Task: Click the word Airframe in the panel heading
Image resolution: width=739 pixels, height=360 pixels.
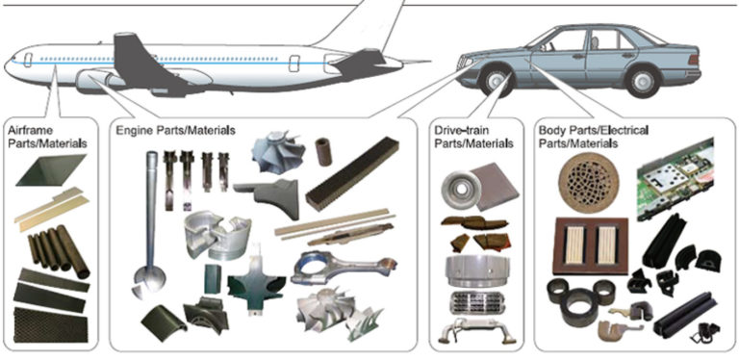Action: (x=31, y=131)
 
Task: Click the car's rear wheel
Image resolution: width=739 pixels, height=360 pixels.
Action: (x=643, y=81)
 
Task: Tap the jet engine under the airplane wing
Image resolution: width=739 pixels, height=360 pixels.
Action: (x=99, y=81)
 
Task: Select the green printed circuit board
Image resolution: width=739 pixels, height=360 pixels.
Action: (x=675, y=179)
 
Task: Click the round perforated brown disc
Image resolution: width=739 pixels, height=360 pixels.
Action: (x=589, y=183)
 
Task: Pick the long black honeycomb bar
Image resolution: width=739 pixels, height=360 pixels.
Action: (x=352, y=174)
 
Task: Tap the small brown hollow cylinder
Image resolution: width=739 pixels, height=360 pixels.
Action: (x=323, y=151)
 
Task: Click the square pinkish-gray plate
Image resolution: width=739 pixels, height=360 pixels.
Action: (x=493, y=186)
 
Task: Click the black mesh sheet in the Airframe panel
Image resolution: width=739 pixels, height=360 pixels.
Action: (x=51, y=324)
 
